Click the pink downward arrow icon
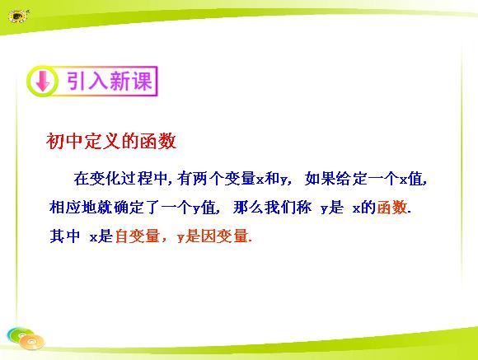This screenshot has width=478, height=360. [43, 81]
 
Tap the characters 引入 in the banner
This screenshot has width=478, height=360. [87, 81]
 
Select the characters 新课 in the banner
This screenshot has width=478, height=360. [131, 81]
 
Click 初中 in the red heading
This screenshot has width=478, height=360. [64, 141]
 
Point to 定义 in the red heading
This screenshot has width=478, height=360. [102, 141]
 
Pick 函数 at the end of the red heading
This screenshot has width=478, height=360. [158, 141]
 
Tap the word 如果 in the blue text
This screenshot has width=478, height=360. [321, 178]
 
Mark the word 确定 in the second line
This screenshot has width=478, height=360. [129, 208]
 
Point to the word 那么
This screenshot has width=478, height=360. [248, 208]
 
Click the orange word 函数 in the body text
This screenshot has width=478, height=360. [392, 208]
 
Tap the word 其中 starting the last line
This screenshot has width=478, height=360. [65, 236]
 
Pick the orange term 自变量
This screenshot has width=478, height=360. [138, 236]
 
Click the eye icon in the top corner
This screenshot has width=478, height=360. [18, 16]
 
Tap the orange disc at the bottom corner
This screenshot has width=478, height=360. [31, 342]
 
